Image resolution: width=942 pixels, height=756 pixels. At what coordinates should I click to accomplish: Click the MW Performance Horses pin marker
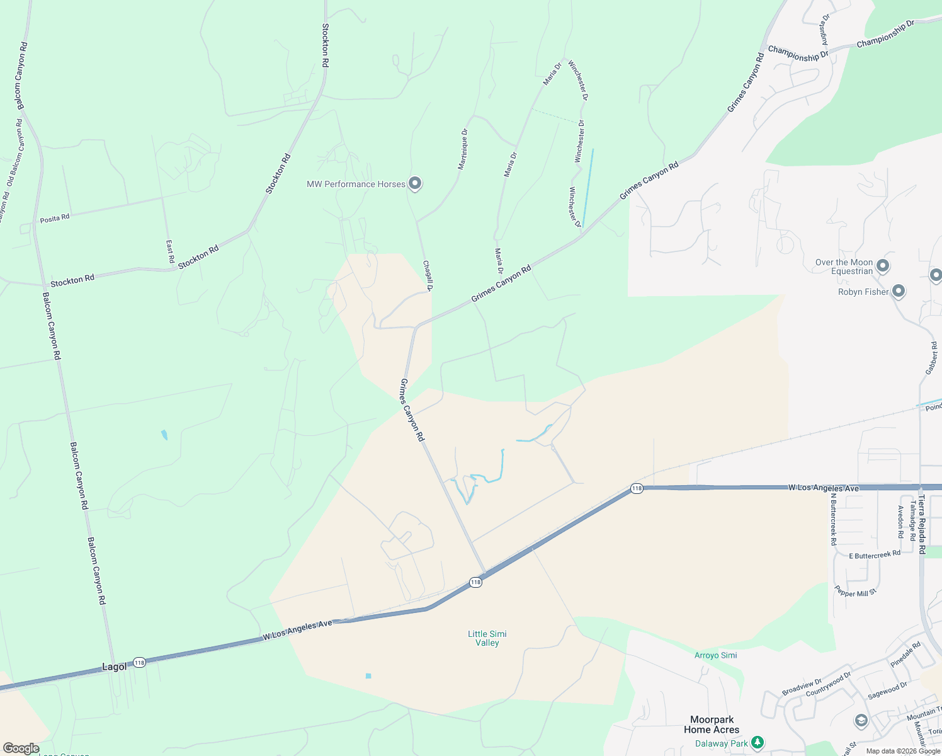(415, 183)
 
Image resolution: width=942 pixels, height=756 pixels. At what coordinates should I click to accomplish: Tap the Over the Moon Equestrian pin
(883, 266)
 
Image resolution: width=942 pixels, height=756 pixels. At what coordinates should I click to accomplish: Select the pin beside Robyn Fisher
(899, 291)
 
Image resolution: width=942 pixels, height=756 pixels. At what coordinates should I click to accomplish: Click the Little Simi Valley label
(487, 638)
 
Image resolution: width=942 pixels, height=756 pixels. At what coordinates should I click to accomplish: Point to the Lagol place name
(114, 667)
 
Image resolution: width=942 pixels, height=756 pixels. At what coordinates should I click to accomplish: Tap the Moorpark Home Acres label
(712, 724)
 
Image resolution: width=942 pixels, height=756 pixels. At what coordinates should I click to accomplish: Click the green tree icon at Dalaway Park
(758, 743)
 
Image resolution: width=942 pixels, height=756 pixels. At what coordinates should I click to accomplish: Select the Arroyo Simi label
(715, 655)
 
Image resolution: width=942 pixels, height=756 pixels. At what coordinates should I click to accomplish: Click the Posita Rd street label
(55, 219)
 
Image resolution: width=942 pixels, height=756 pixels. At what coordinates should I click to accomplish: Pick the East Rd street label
(170, 251)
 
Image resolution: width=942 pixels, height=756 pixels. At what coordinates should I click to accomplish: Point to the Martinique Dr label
(463, 149)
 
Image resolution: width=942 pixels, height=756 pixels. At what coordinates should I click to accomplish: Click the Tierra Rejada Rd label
(921, 524)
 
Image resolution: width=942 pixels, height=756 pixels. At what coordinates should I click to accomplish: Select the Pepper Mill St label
(855, 592)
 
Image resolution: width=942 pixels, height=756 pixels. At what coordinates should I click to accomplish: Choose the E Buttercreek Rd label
(875, 555)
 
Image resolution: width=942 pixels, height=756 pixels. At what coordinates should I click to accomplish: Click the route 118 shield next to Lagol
(139, 662)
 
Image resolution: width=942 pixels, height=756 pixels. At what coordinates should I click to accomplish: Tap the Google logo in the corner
(21, 748)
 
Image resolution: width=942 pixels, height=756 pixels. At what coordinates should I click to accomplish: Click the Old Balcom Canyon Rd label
(16, 152)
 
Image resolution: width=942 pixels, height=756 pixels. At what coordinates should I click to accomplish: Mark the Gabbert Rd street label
(931, 358)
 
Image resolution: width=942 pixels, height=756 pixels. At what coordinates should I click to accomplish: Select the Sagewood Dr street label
(887, 690)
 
